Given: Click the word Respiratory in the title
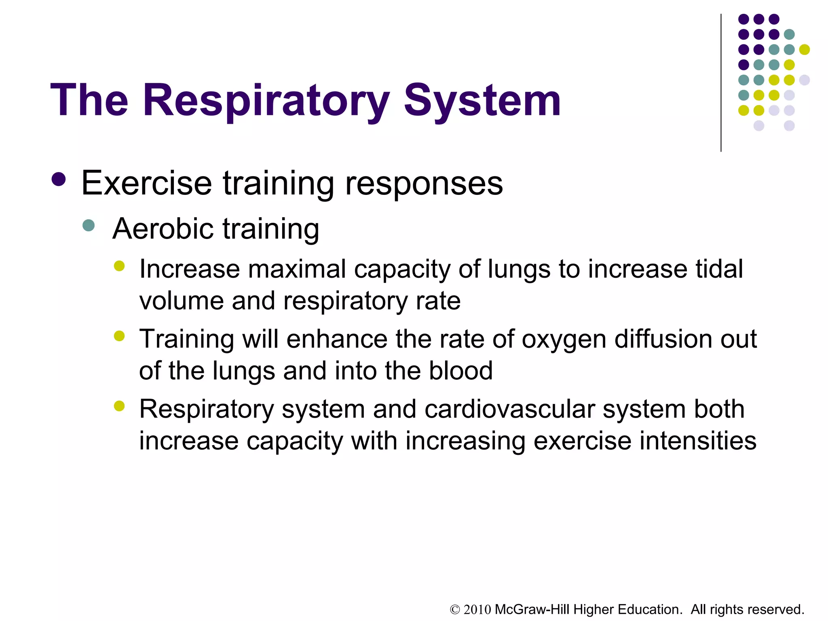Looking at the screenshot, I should [266, 101].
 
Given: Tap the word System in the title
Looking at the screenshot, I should [482, 101].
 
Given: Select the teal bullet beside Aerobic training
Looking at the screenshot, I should [88, 225].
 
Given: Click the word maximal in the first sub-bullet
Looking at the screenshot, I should [297, 269].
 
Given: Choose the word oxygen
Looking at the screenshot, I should [564, 340].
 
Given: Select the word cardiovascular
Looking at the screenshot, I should [510, 409].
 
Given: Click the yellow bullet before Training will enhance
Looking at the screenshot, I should [119, 336].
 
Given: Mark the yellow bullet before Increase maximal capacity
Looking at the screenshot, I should [119, 266].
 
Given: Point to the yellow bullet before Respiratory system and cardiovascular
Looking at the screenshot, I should [119, 406].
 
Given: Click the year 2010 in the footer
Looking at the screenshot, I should [477, 610].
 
